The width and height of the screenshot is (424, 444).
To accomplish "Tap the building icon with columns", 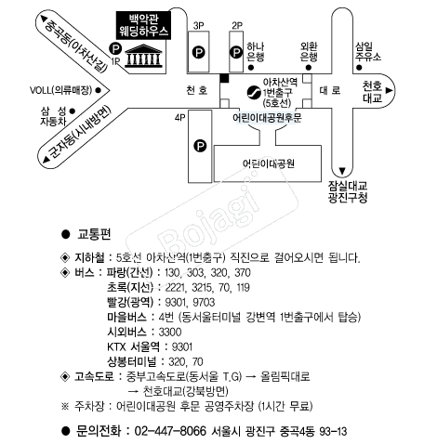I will click(x=143, y=58).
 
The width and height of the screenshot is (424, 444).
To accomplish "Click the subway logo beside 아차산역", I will click(x=253, y=91).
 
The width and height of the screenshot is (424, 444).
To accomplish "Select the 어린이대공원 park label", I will click(x=268, y=163).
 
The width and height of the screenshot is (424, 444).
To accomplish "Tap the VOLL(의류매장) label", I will click(x=65, y=89).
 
